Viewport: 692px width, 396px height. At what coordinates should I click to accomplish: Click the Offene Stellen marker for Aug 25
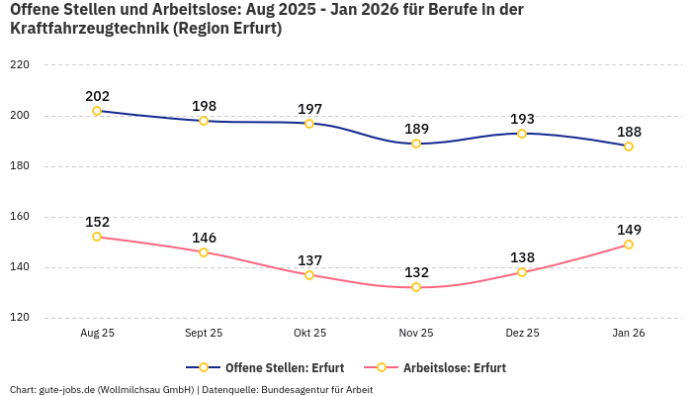point(97,111)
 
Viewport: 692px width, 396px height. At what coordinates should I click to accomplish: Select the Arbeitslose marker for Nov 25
point(416,287)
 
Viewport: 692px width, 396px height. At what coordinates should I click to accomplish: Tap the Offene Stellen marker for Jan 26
point(629,147)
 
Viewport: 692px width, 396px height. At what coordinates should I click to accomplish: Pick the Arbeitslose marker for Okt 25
point(309,275)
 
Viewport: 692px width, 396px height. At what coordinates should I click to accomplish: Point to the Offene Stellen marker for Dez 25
point(522,134)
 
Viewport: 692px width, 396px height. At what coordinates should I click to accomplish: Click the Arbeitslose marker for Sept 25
point(204,252)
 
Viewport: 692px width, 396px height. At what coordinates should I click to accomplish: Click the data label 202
point(97,96)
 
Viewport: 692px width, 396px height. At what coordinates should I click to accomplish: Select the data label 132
point(416,272)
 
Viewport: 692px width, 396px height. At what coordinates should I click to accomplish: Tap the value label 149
point(629,230)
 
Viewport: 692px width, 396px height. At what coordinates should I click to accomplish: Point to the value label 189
point(416,129)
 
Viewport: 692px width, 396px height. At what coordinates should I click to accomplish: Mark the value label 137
point(309,260)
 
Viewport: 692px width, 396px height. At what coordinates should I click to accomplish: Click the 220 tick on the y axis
point(19,65)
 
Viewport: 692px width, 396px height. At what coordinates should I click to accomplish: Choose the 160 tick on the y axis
point(19,217)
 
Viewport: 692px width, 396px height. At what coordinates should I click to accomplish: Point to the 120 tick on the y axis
point(19,318)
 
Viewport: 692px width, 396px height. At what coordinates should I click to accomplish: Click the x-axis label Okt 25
point(309,334)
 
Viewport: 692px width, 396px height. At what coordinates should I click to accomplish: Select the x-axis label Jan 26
point(629,334)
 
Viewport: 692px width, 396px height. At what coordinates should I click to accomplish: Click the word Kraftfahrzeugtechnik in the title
point(88,29)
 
